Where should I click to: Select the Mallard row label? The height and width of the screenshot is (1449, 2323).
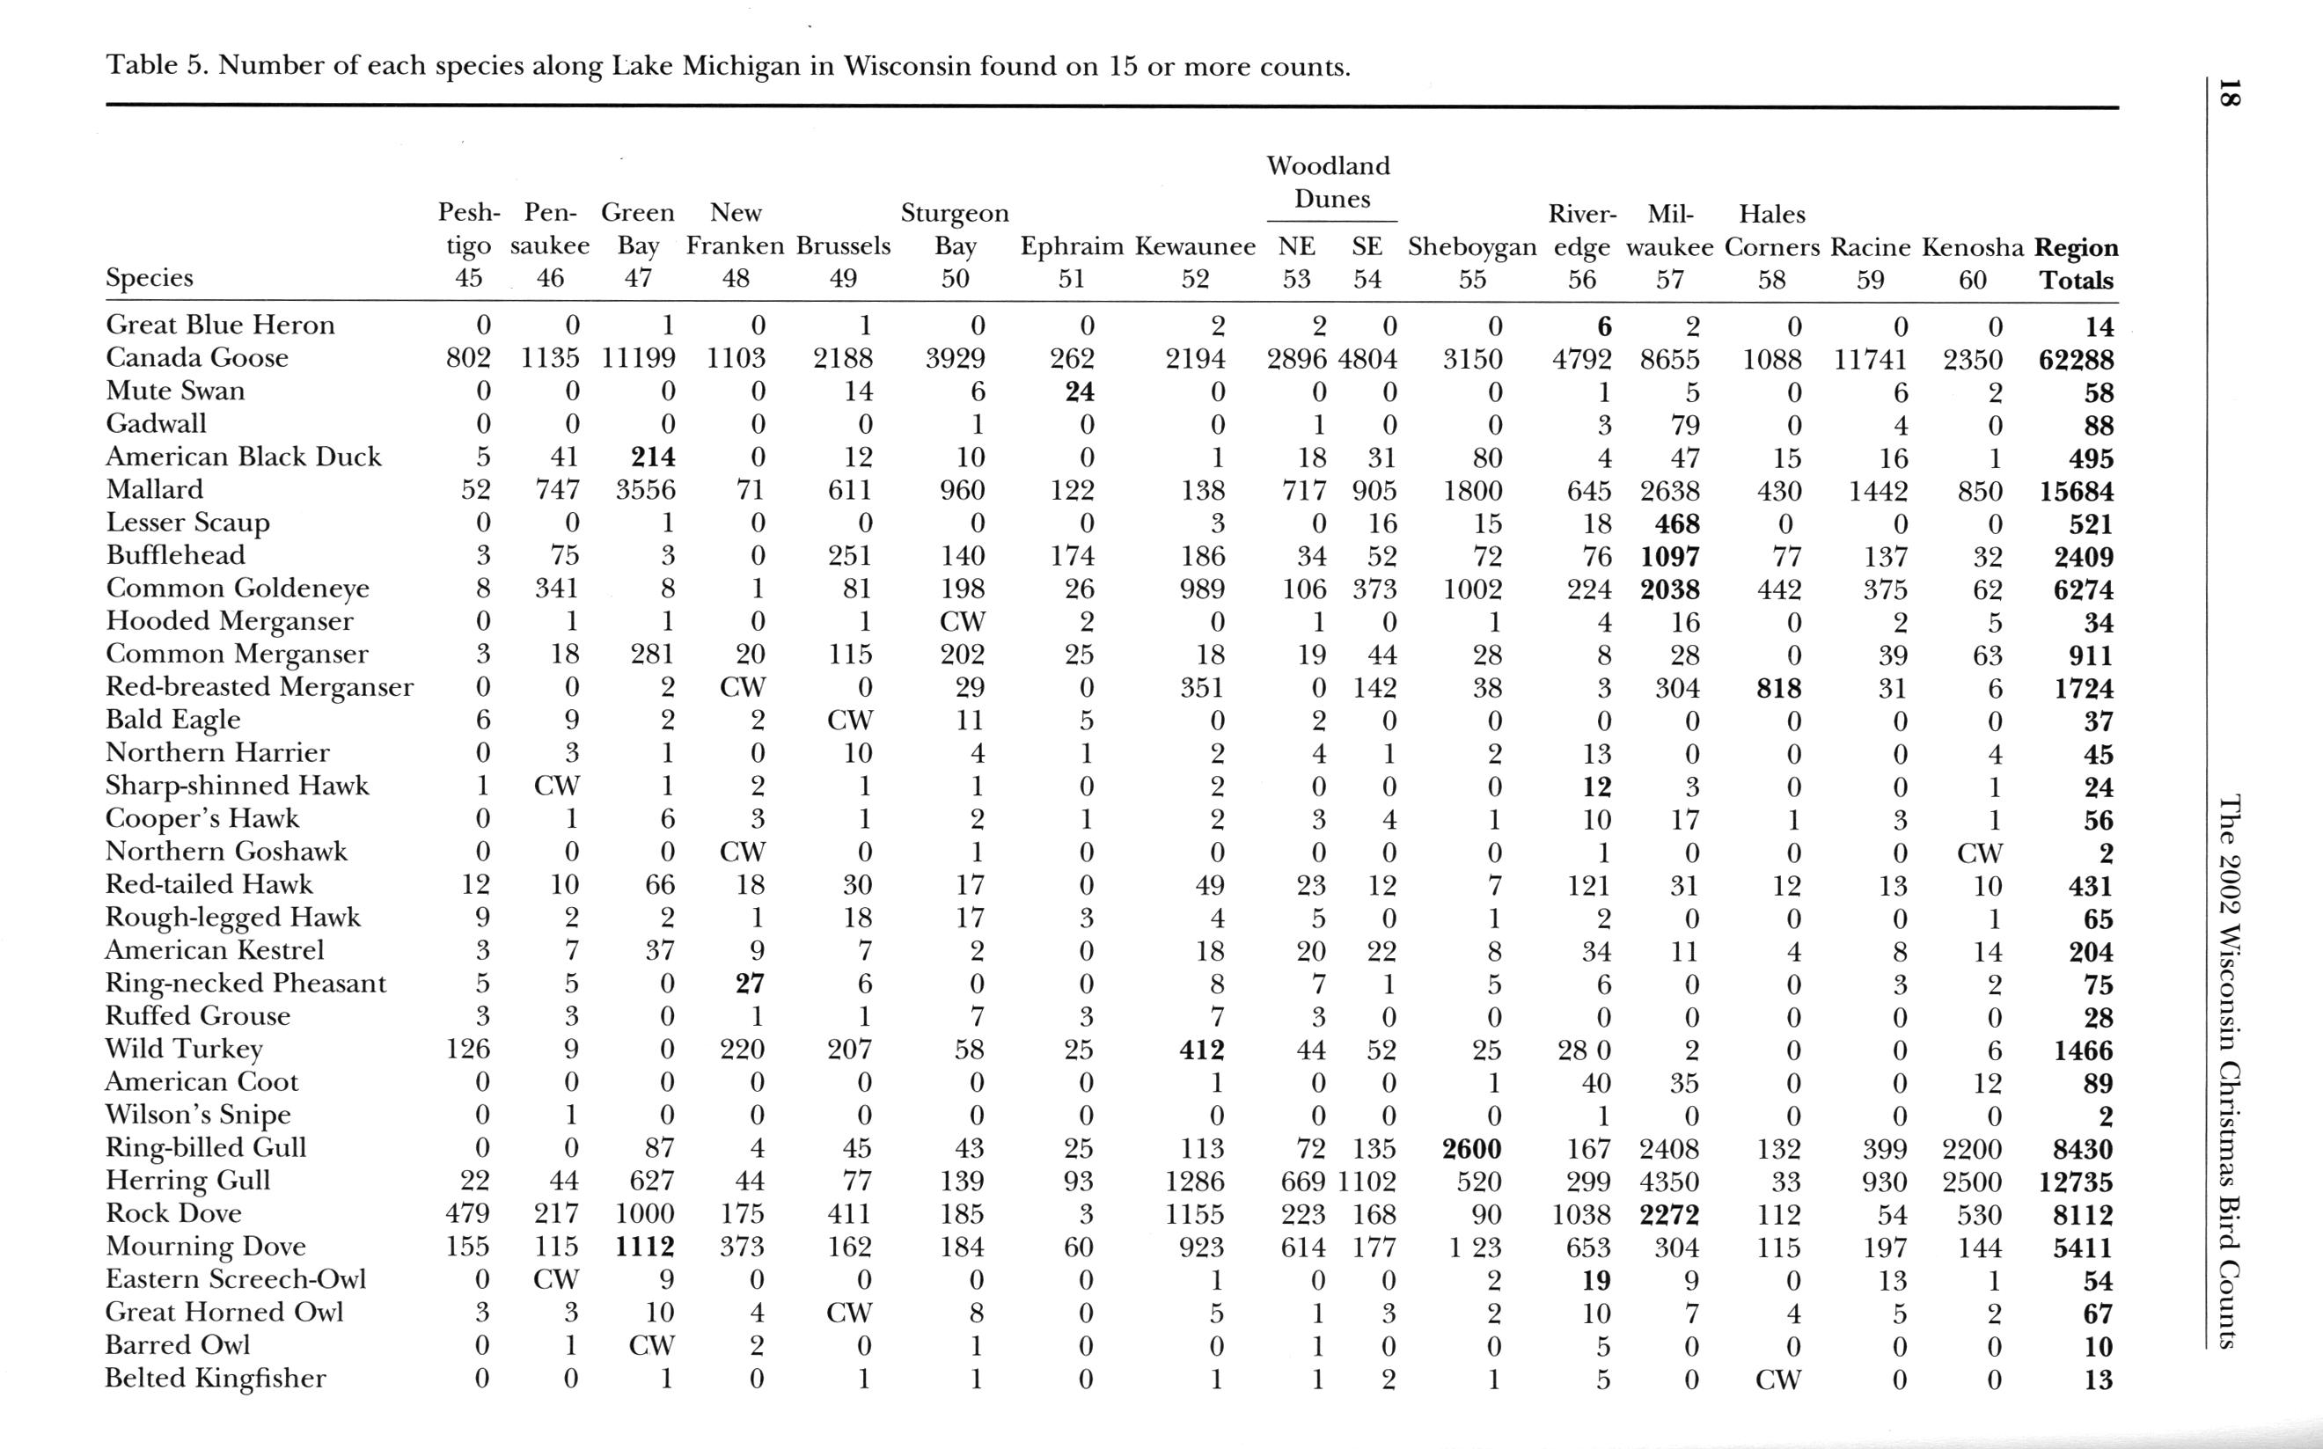(154, 490)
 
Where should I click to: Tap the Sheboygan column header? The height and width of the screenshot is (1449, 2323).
(1472, 247)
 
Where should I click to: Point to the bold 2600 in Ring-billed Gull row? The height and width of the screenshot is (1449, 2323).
(1471, 1148)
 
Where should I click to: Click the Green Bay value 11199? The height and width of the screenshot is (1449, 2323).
(638, 359)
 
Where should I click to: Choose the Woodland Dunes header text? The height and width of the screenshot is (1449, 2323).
(1330, 182)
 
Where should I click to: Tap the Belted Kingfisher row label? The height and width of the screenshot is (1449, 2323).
(216, 1378)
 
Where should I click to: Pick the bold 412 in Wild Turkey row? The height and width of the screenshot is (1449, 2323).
(1202, 1050)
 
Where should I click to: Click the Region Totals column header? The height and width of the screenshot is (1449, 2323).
(2076, 264)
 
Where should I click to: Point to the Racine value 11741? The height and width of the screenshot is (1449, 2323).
(1871, 359)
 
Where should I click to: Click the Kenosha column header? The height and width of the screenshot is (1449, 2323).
(1973, 247)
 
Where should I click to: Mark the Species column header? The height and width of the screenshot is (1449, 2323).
(150, 277)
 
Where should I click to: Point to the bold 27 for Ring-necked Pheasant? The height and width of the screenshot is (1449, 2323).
(750, 984)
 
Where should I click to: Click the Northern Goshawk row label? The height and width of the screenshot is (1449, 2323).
(226, 851)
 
